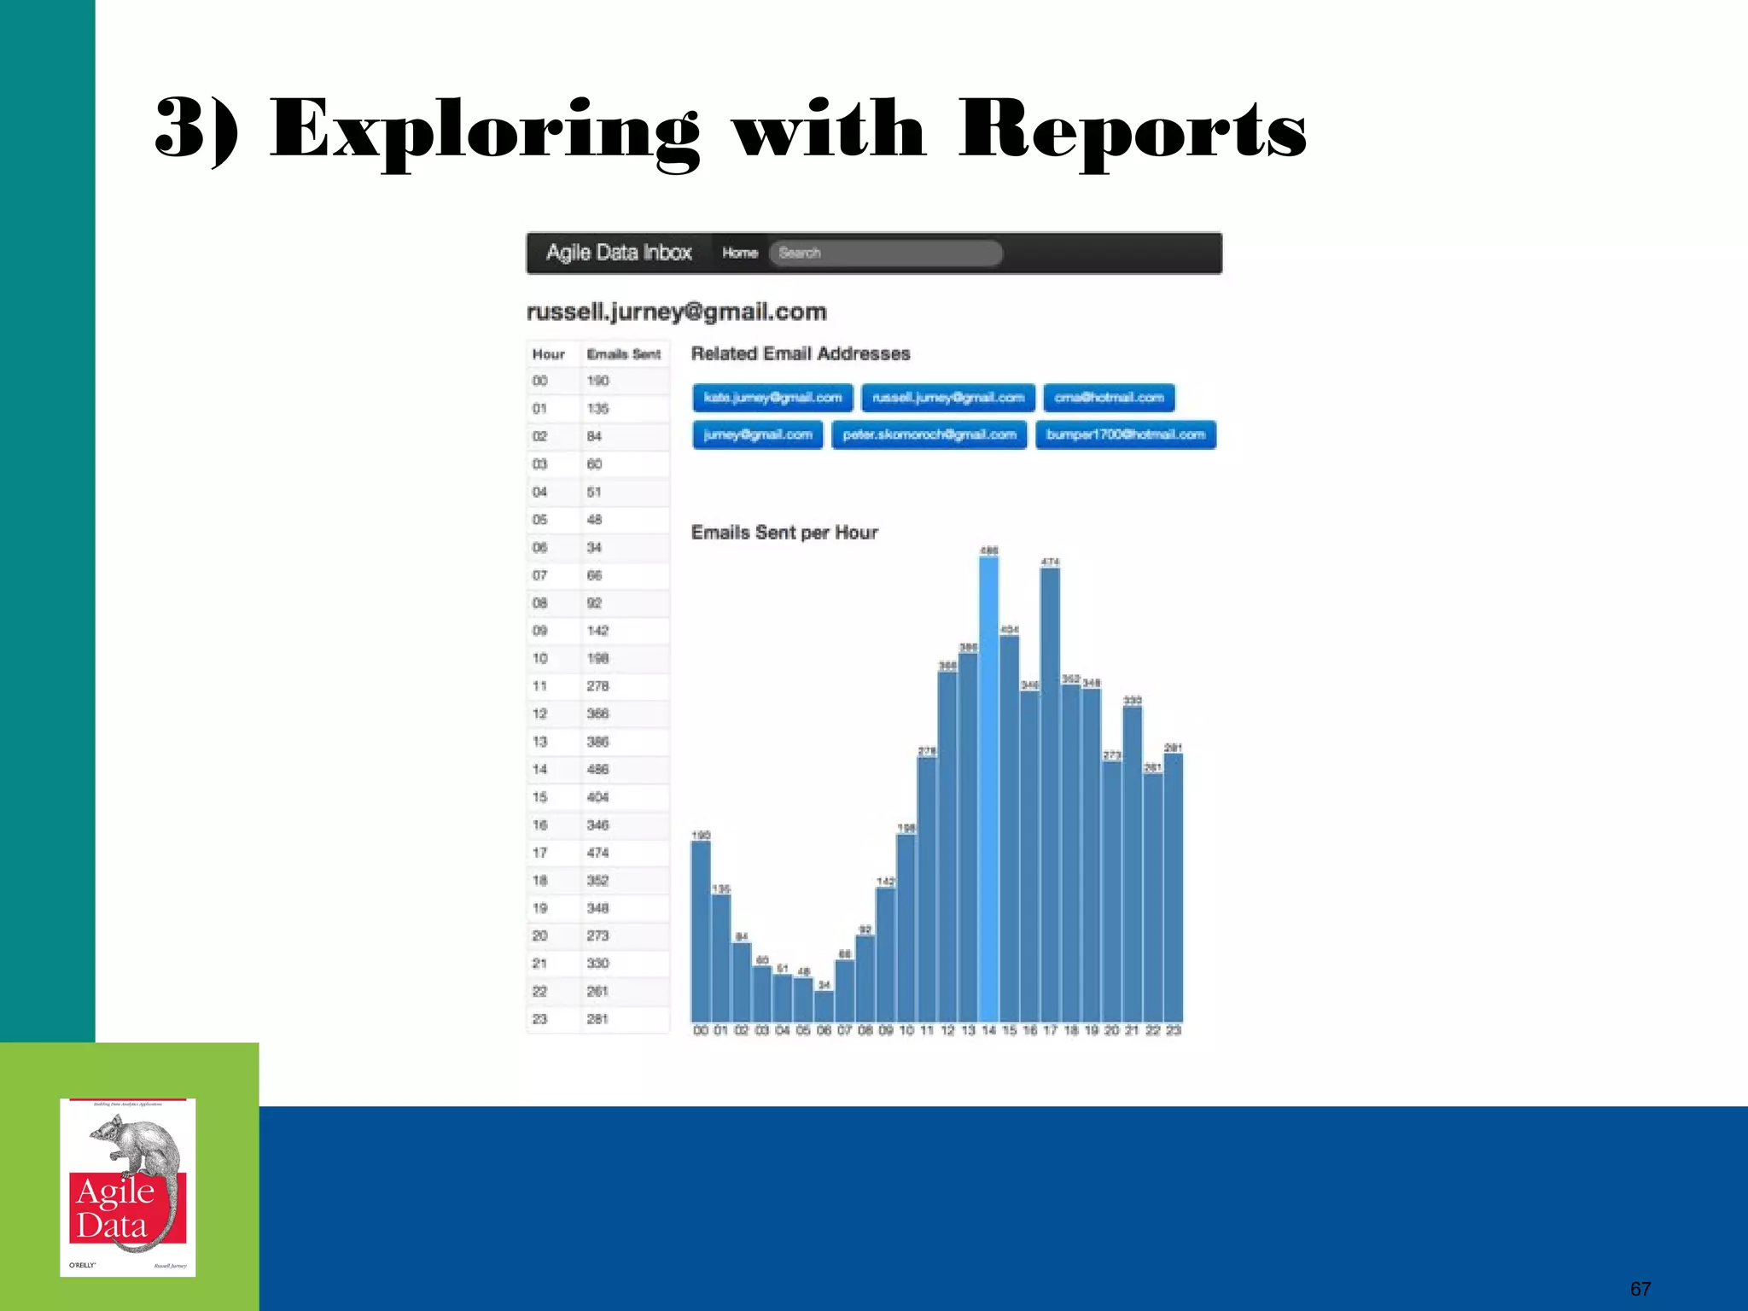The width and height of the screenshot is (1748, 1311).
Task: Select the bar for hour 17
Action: pos(1050,794)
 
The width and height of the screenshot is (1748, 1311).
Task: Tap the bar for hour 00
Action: pos(701,930)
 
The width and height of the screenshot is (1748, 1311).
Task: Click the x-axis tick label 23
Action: pos(1174,1031)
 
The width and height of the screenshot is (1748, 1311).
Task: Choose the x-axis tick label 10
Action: pos(906,1031)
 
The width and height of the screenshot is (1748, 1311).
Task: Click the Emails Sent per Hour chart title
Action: pos(784,533)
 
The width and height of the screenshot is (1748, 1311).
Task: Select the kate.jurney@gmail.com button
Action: pos(772,398)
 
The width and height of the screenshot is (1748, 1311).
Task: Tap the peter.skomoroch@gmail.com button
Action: pos(929,435)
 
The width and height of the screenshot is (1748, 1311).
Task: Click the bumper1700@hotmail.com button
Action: pos(1125,435)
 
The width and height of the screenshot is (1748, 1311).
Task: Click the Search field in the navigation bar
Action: pos(885,253)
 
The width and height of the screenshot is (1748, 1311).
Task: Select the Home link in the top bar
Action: pos(740,253)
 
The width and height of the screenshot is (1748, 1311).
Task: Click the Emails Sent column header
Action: pos(624,354)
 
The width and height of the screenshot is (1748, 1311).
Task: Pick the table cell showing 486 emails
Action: pos(597,769)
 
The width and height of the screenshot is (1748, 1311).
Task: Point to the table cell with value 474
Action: pos(597,853)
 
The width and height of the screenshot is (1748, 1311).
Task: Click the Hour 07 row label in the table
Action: pos(539,575)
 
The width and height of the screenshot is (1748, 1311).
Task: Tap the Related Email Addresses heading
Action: pos(801,353)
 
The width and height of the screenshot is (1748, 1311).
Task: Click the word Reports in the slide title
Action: pos(1132,130)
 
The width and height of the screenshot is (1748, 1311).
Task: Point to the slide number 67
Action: pos(1640,1289)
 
